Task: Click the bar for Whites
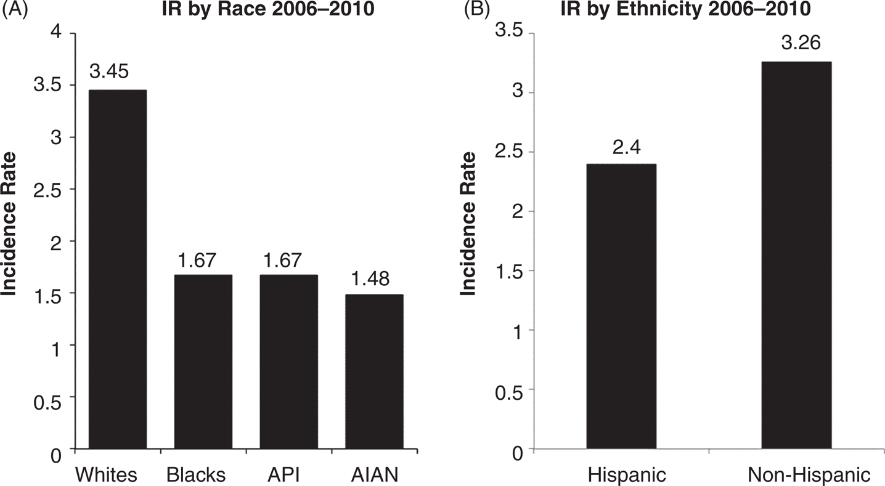pyautogui.click(x=118, y=269)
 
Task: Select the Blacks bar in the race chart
pyautogui.click(x=203, y=362)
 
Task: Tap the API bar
pyautogui.click(x=289, y=362)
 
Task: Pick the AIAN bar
pyautogui.click(x=374, y=371)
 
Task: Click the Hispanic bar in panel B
pyautogui.click(x=621, y=306)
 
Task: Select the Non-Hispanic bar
pyautogui.click(x=797, y=255)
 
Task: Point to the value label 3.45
pyautogui.click(x=109, y=71)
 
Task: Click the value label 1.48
pyautogui.click(x=370, y=278)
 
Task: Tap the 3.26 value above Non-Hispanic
pyautogui.click(x=801, y=43)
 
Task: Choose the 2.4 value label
pyautogui.click(x=627, y=147)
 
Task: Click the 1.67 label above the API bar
pyautogui.click(x=282, y=260)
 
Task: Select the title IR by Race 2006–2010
pyautogui.click(x=268, y=9)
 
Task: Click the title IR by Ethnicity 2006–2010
pyautogui.click(x=685, y=9)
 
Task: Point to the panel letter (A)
pyautogui.click(x=15, y=9)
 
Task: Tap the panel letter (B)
pyautogui.click(x=477, y=9)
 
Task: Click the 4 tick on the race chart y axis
pyautogui.click(x=57, y=33)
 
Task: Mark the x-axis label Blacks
pyautogui.click(x=196, y=474)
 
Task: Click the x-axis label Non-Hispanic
pyautogui.click(x=809, y=474)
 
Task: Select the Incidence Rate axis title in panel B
pyautogui.click(x=468, y=224)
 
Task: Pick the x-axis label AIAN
pyautogui.click(x=375, y=474)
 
